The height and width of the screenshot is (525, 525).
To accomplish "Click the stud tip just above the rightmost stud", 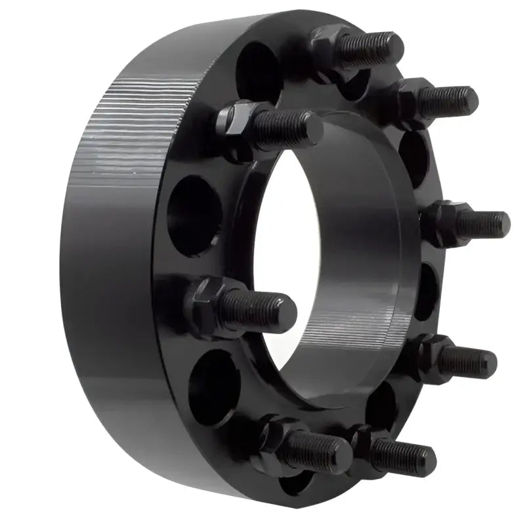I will [x=468, y=100].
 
